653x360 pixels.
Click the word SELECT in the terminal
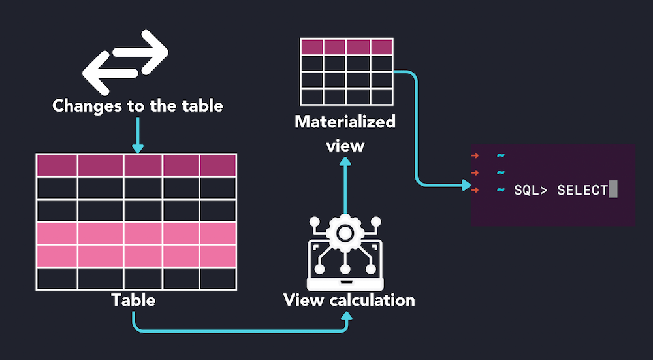pyautogui.click(x=582, y=190)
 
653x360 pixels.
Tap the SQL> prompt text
pyautogui.click(x=531, y=190)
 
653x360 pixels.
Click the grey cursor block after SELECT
pyautogui.click(x=613, y=190)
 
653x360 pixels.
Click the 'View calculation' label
pyautogui.click(x=349, y=301)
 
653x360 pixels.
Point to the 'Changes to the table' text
pyautogui.click(x=138, y=105)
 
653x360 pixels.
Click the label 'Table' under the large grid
pyautogui.click(x=133, y=300)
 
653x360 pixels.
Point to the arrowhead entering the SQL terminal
pyautogui.click(x=466, y=186)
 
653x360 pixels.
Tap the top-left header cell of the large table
pyautogui.click(x=57, y=165)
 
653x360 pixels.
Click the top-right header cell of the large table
pyautogui.click(x=218, y=165)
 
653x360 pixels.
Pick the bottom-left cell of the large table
pyautogui.click(x=57, y=278)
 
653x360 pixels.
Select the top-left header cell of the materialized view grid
pyautogui.click(x=312, y=46)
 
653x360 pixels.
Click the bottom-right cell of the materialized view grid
pyautogui.click(x=381, y=97)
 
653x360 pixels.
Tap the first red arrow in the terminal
pyautogui.click(x=475, y=155)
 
